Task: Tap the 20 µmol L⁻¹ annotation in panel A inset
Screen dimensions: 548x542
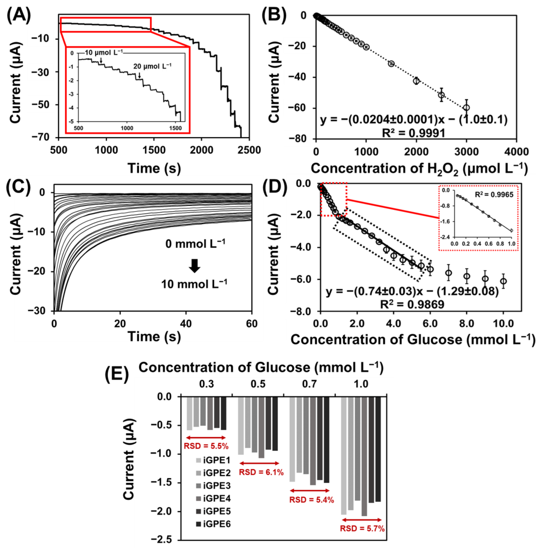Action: tap(152, 66)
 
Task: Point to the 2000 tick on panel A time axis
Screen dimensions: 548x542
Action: tap(201, 150)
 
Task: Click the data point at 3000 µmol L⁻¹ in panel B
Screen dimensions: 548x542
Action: tap(466, 108)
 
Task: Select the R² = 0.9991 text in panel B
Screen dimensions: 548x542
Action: tap(414, 133)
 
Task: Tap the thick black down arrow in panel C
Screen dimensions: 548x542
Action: tap(195, 266)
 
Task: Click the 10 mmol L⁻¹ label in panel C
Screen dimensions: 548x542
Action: tap(194, 284)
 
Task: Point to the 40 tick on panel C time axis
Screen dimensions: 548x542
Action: tap(186, 324)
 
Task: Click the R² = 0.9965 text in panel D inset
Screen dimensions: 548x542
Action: tap(494, 195)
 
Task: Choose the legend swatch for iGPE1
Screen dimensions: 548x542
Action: tap(199, 460)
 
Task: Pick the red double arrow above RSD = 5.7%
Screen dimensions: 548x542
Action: tap(362, 520)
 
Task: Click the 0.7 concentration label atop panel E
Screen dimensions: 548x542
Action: tap(309, 384)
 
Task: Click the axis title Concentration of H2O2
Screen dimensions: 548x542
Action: tap(419, 169)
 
